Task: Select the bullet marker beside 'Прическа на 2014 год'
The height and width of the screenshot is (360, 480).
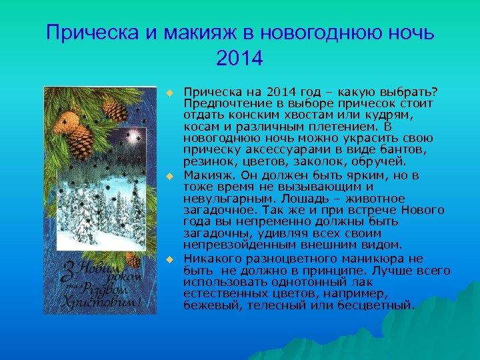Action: [x=170, y=91]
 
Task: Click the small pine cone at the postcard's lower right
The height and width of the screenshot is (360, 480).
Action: [x=133, y=259]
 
